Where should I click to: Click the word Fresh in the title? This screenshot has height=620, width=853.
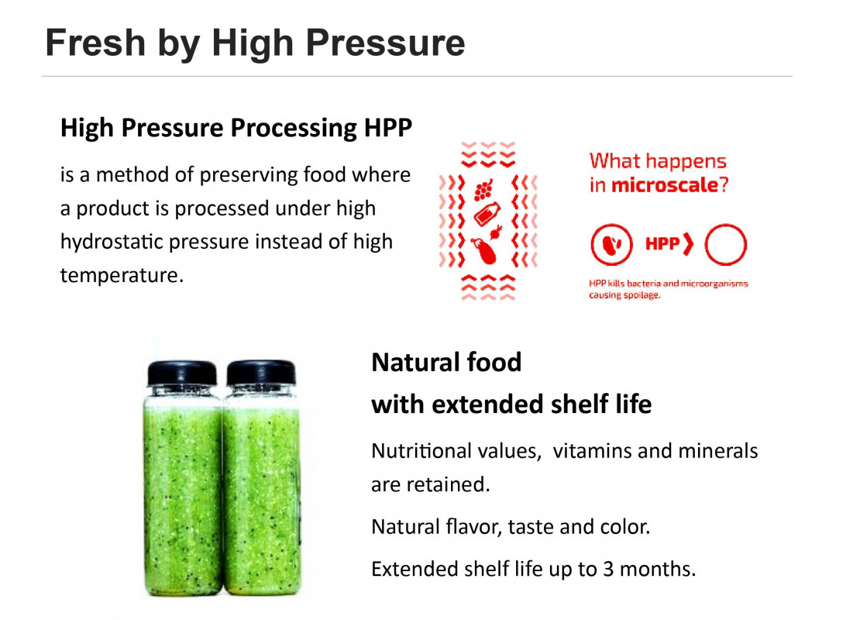click(x=96, y=43)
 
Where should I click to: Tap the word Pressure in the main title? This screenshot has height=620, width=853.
click(x=385, y=43)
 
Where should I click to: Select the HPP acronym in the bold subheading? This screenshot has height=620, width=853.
click(x=388, y=128)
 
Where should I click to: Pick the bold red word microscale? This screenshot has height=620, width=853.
click(x=665, y=185)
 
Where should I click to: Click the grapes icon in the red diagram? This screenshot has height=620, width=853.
click(x=483, y=190)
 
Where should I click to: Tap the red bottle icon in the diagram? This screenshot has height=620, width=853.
click(x=487, y=214)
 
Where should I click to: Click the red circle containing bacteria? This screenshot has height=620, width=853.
click(x=611, y=244)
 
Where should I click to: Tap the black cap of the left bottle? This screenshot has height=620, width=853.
click(x=182, y=373)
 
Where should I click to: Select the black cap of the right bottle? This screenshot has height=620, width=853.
click(x=261, y=373)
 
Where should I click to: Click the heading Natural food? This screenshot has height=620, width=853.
click(x=446, y=363)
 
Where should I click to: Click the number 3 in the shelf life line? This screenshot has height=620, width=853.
click(x=608, y=570)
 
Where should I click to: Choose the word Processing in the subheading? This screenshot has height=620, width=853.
click(x=293, y=129)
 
